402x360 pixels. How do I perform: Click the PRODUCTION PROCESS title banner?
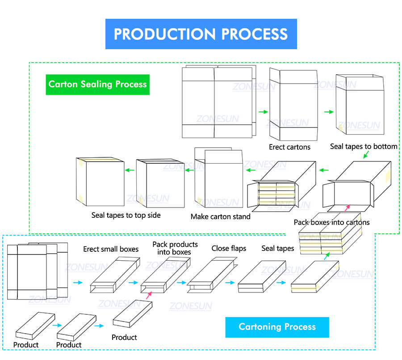[x=201, y=34]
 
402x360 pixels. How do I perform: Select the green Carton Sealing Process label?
[x=97, y=84]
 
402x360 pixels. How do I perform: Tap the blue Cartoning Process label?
[x=277, y=327]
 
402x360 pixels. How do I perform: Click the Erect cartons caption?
[x=289, y=147]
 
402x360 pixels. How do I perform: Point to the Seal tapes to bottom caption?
[x=364, y=146]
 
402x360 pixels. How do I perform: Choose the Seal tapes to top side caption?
[x=126, y=215]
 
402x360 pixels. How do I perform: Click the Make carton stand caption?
[x=221, y=216]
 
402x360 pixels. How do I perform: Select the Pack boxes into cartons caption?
[x=331, y=222]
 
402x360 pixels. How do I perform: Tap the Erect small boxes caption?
[x=111, y=249]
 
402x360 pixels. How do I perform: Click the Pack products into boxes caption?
[x=175, y=248]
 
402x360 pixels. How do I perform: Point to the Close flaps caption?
[x=229, y=248]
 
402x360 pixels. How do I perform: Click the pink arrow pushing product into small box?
[x=149, y=295]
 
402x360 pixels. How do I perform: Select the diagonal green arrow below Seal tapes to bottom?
[x=366, y=154]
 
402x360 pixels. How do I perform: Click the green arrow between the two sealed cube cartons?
[x=130, y=170]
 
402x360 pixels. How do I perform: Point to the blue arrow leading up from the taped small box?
[x=327, y=257]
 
